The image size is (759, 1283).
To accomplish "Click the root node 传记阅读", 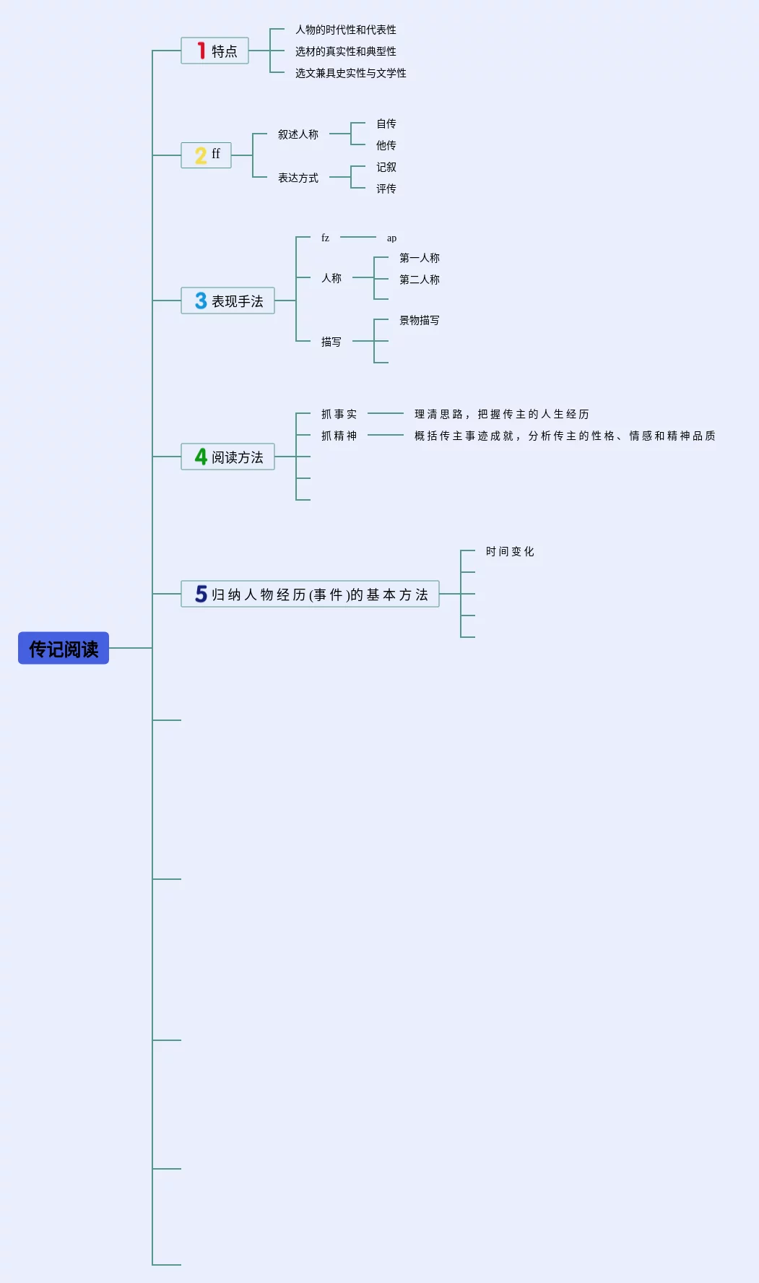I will click(x=64, y=648).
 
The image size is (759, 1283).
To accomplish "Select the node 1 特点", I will click(x=214, y=51).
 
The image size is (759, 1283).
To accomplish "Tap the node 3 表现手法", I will click(x=227, y=301).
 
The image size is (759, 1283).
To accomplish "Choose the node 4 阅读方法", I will click(x=227, y=457).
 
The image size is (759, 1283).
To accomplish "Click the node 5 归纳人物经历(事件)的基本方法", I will click(x=310, y=594).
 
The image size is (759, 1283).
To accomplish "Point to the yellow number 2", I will click(x=201, y=155).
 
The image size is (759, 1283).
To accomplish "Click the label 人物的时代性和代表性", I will click(x=345, y=30).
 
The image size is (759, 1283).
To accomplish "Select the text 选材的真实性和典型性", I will click(x=345, y=51).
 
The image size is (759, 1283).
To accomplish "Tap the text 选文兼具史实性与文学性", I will click(x=350, y=73).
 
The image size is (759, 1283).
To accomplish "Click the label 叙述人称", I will click(x=298, y=134).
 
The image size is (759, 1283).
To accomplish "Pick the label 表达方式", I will click(x=298, y=178).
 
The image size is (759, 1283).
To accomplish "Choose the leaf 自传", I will click(x=386, y=124).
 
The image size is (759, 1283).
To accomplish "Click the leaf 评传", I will click(x=386, y=189).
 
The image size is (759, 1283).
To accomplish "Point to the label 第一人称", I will click(x=419, y=258).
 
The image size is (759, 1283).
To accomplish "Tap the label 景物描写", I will click(x=419, y=320).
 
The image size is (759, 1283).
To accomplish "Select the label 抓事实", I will click(x=339, y=414).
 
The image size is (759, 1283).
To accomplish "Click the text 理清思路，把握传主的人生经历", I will click(x=502, y=414).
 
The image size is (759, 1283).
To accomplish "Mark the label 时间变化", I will click(x=510, y=551).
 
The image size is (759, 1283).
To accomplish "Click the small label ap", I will click(x=391, y=238).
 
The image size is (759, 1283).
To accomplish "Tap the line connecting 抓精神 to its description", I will click(x=386, y=435).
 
